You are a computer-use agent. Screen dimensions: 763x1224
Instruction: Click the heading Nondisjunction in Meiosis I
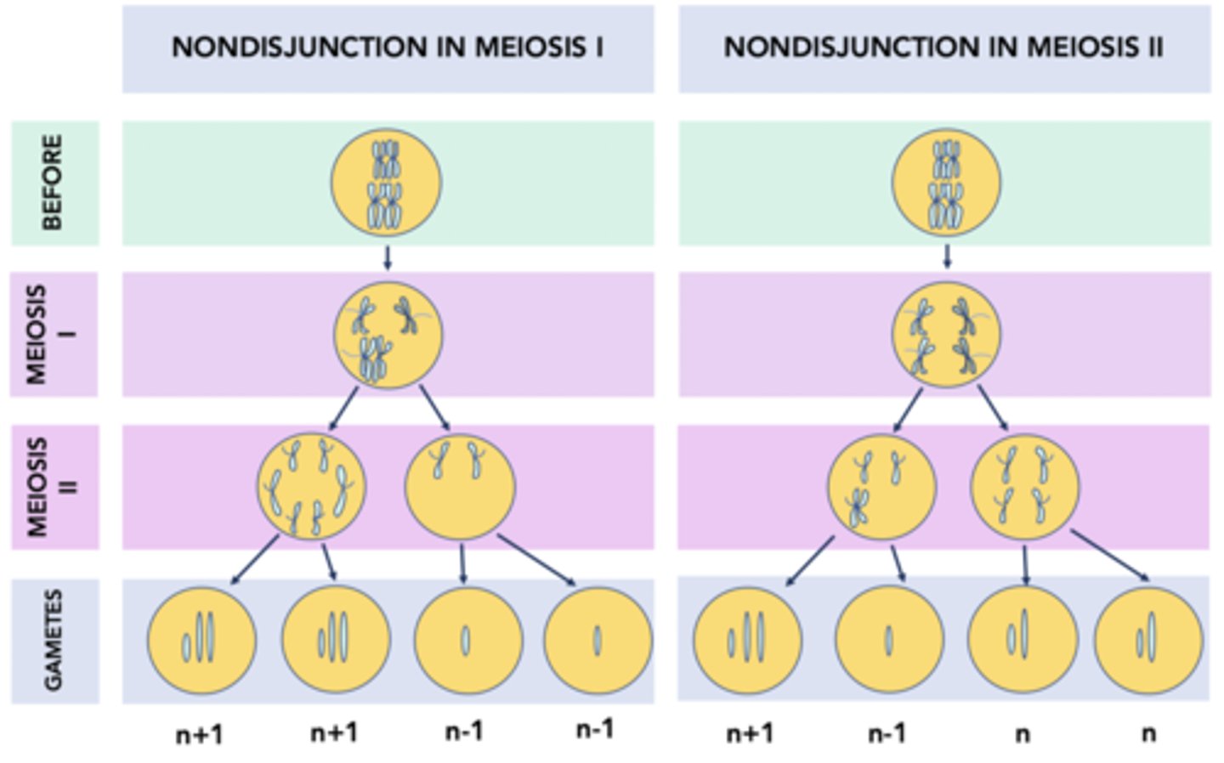(388, 48)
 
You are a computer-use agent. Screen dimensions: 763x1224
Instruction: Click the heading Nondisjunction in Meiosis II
(943, 48)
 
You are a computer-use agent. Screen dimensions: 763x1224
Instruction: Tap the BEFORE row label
(54, 183)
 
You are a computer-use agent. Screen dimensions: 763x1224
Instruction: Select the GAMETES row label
(54, 641)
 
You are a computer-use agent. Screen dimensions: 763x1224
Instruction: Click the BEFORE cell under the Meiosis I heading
(386, 184)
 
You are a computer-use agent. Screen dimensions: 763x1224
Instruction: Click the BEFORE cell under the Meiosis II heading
(946, 184)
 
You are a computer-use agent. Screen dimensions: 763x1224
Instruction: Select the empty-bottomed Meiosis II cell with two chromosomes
(460, 487)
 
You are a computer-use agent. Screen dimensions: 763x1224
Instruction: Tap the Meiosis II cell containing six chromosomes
(312, 487)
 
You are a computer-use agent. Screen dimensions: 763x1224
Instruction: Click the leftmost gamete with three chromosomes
(201, 640)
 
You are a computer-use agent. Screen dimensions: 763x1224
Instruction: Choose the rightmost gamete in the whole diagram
(1148, 640)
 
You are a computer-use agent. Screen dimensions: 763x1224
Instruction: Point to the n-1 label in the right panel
(887, 733)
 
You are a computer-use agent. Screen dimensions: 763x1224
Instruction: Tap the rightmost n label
(1148, 733)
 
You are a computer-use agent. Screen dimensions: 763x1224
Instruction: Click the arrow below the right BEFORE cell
(947, 257)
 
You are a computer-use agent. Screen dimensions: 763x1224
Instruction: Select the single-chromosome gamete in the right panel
(889, 640)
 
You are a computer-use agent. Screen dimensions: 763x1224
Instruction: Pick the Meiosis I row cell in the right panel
(946, 334)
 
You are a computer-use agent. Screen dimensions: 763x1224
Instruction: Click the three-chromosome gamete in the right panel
(747, 640)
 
